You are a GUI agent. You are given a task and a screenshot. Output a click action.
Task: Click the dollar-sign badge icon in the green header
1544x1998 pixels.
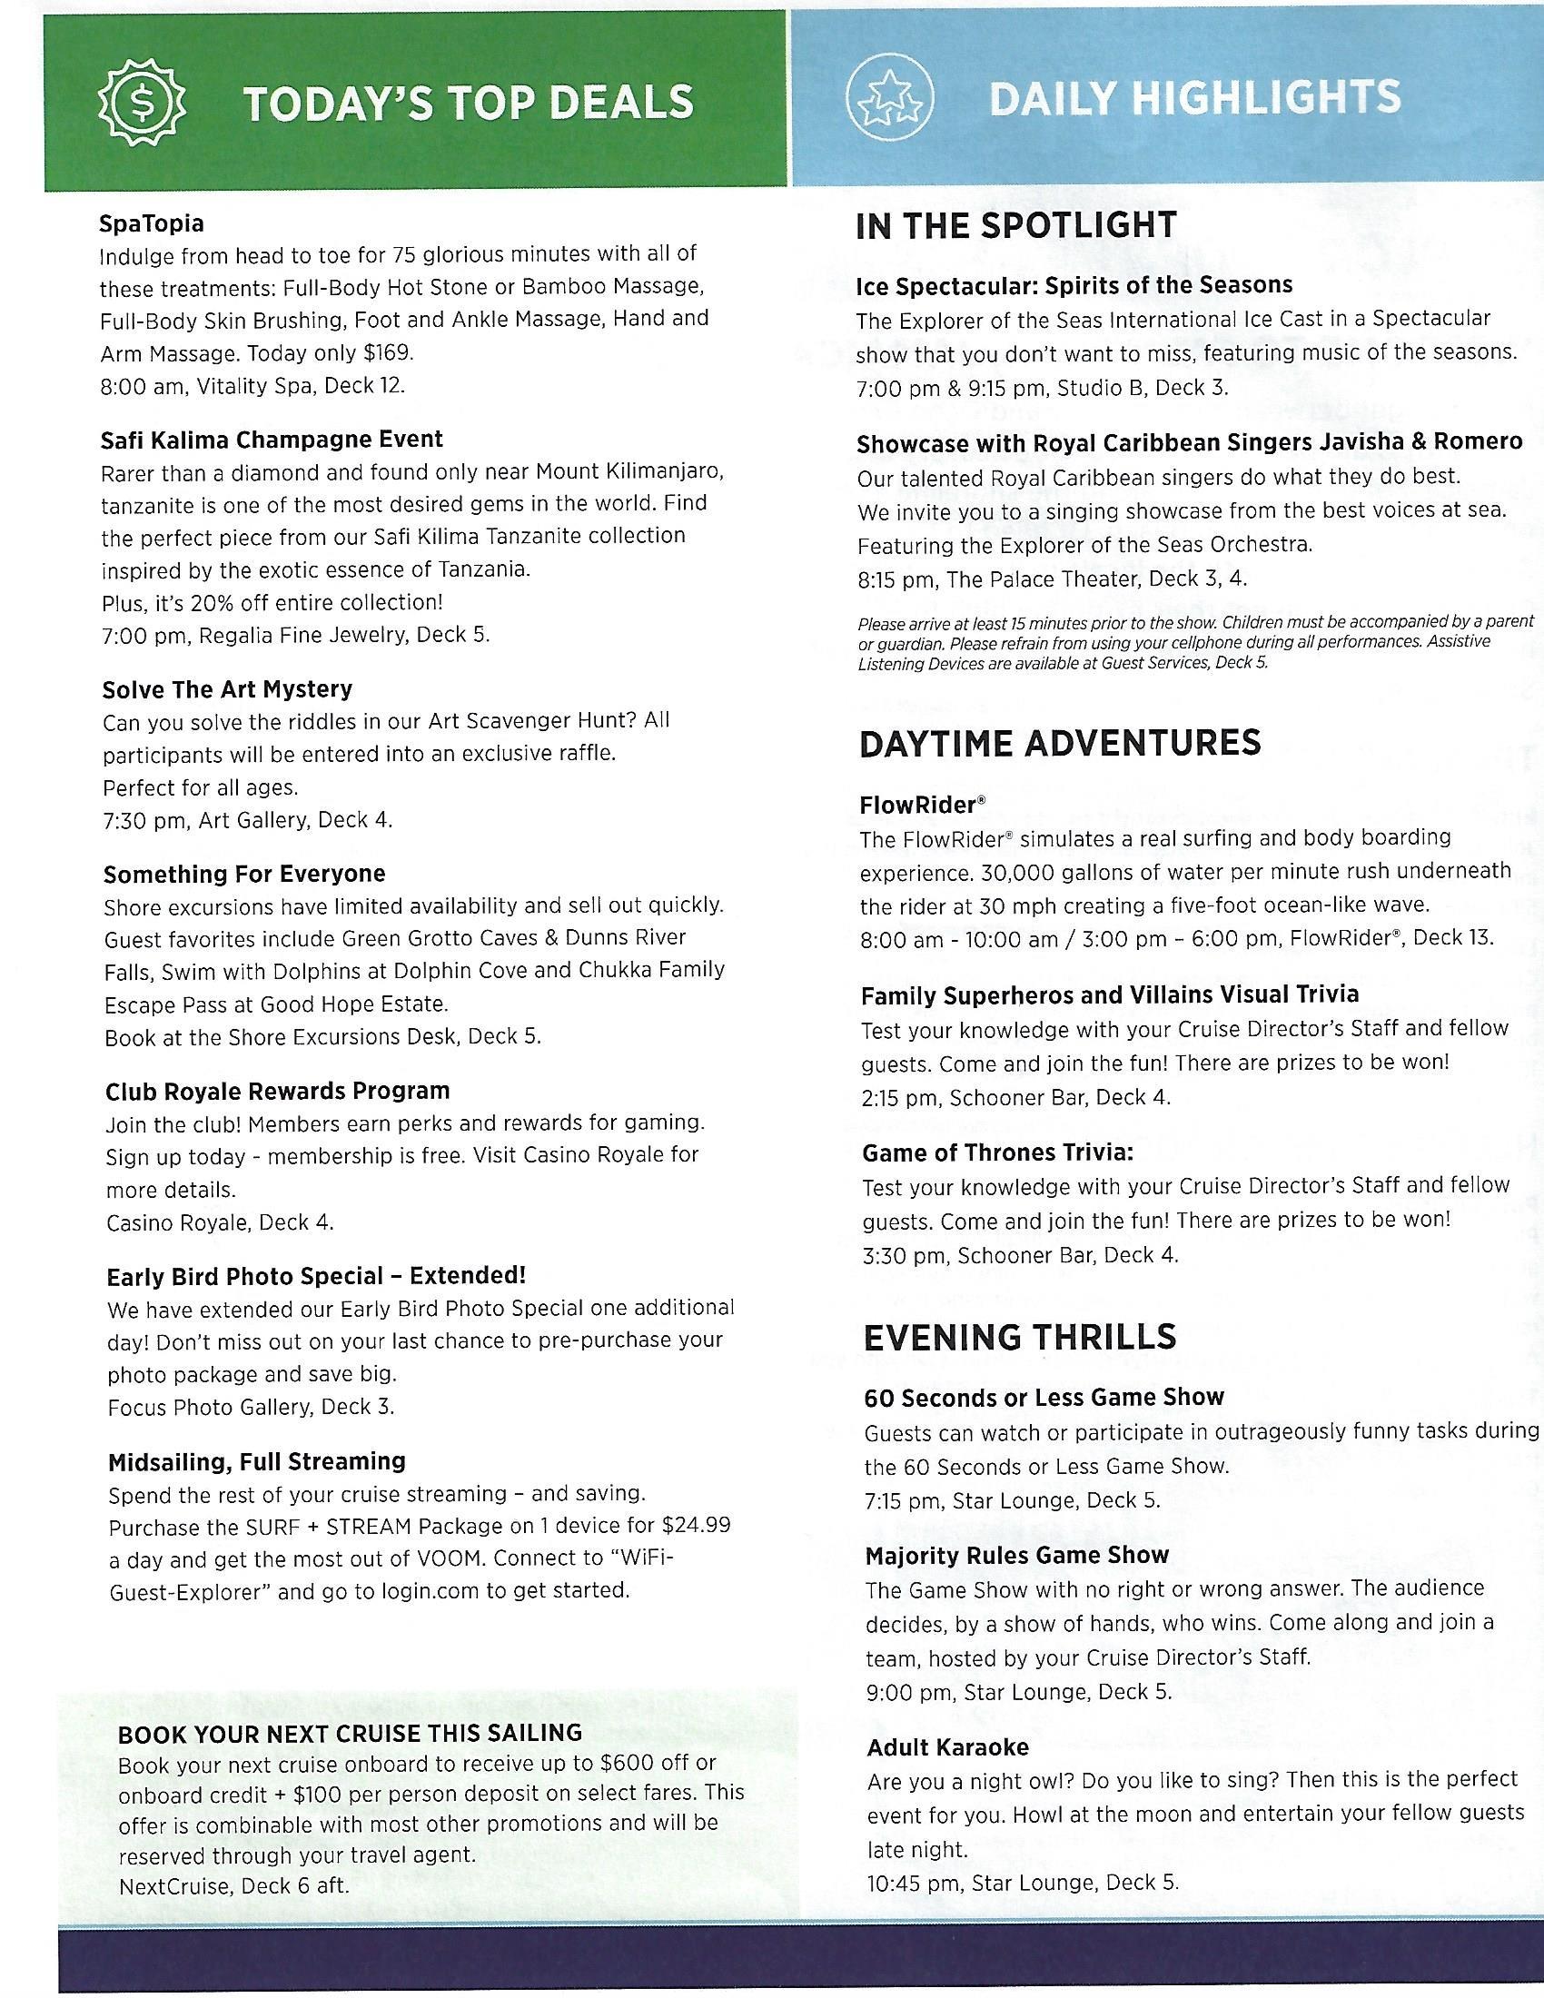tap(142, 104)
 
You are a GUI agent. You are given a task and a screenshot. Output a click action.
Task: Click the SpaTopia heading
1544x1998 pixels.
tap(152, 223)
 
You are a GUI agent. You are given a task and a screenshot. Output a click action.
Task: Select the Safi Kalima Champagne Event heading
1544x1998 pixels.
tap(272, 440)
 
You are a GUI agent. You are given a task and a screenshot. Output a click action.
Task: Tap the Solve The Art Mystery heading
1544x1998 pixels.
tap(227, 689)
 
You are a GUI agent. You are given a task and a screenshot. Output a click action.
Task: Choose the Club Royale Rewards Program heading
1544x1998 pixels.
tap(277, 1091)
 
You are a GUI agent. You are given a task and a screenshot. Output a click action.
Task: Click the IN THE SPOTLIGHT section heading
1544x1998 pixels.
tap(1015, 226)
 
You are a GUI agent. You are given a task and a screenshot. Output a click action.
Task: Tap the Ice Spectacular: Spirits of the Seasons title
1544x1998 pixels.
tap(1074, 285)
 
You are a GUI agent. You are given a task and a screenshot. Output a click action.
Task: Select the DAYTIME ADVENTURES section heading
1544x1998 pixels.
tap(1059, 743)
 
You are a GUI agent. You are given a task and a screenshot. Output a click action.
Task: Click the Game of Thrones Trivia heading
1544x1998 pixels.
tap(997, 1152)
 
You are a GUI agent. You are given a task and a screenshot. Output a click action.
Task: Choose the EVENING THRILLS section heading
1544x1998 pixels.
tap(1019, 1338)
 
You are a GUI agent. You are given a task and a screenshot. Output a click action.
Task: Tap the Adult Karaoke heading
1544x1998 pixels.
tap(947, 1747)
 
